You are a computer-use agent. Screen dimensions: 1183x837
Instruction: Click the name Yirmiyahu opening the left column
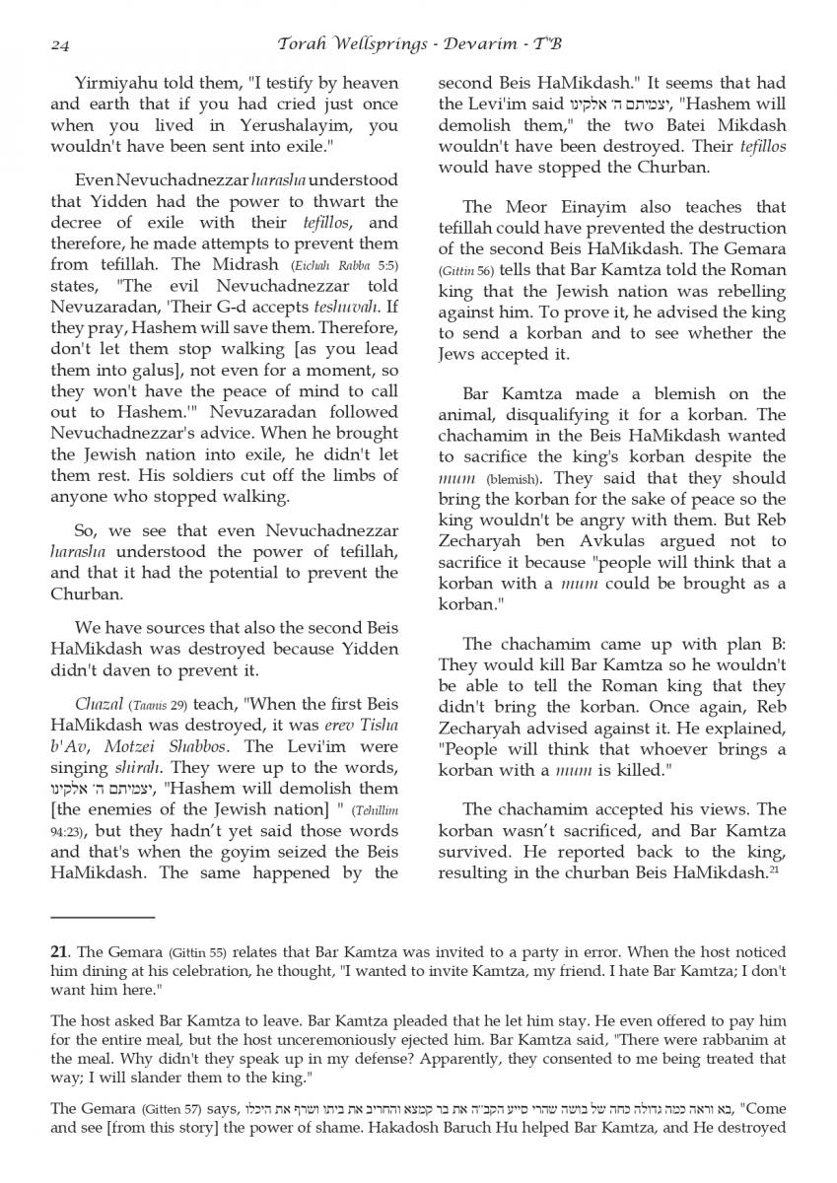pyautogui.click(x=114, y=83)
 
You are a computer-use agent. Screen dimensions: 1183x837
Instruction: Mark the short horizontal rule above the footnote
pyautogui.click(x=104, y=918)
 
